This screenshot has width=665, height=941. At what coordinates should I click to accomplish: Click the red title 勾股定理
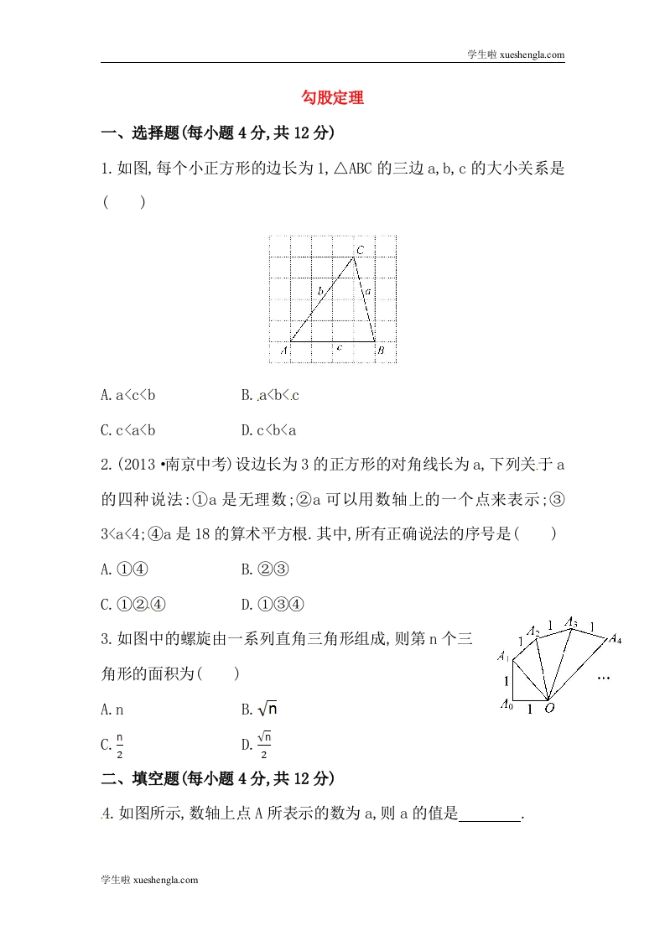click(332, 97)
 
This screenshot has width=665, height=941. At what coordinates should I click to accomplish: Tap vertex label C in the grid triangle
click(360, 250)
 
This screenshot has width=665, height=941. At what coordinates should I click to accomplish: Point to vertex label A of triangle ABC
click(283, 351)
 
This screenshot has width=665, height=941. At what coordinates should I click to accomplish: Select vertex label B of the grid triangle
click(380, 351)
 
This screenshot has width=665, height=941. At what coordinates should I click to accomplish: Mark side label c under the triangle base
click(338, 346)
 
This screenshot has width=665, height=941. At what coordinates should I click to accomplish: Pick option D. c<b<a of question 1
click(268, 430)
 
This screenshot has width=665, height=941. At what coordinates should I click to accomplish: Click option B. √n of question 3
click(260, 709)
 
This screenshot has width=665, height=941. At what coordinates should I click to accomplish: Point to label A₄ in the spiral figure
click(615, 640)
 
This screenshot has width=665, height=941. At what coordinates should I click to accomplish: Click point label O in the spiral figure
click(550, 708)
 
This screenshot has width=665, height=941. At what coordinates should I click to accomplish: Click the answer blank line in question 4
click(491, 813)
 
